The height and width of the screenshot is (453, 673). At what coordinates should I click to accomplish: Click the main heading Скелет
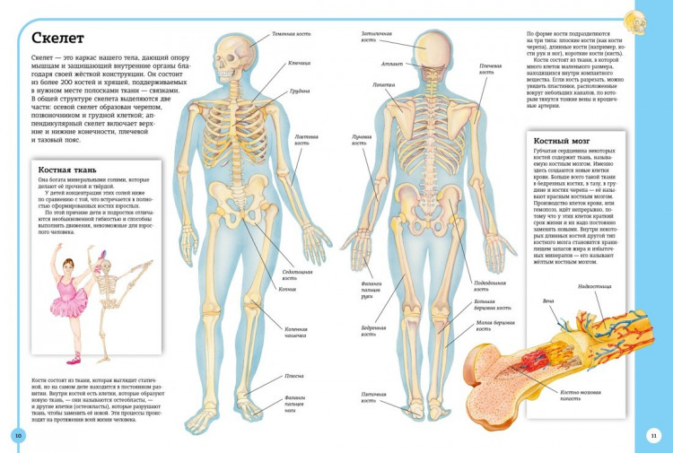(57, 38)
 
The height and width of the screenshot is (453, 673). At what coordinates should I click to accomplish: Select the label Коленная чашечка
(298, 331)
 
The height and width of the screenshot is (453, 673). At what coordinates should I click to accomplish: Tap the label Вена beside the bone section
(548, 301)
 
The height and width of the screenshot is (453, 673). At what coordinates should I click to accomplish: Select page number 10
(17, 436)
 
